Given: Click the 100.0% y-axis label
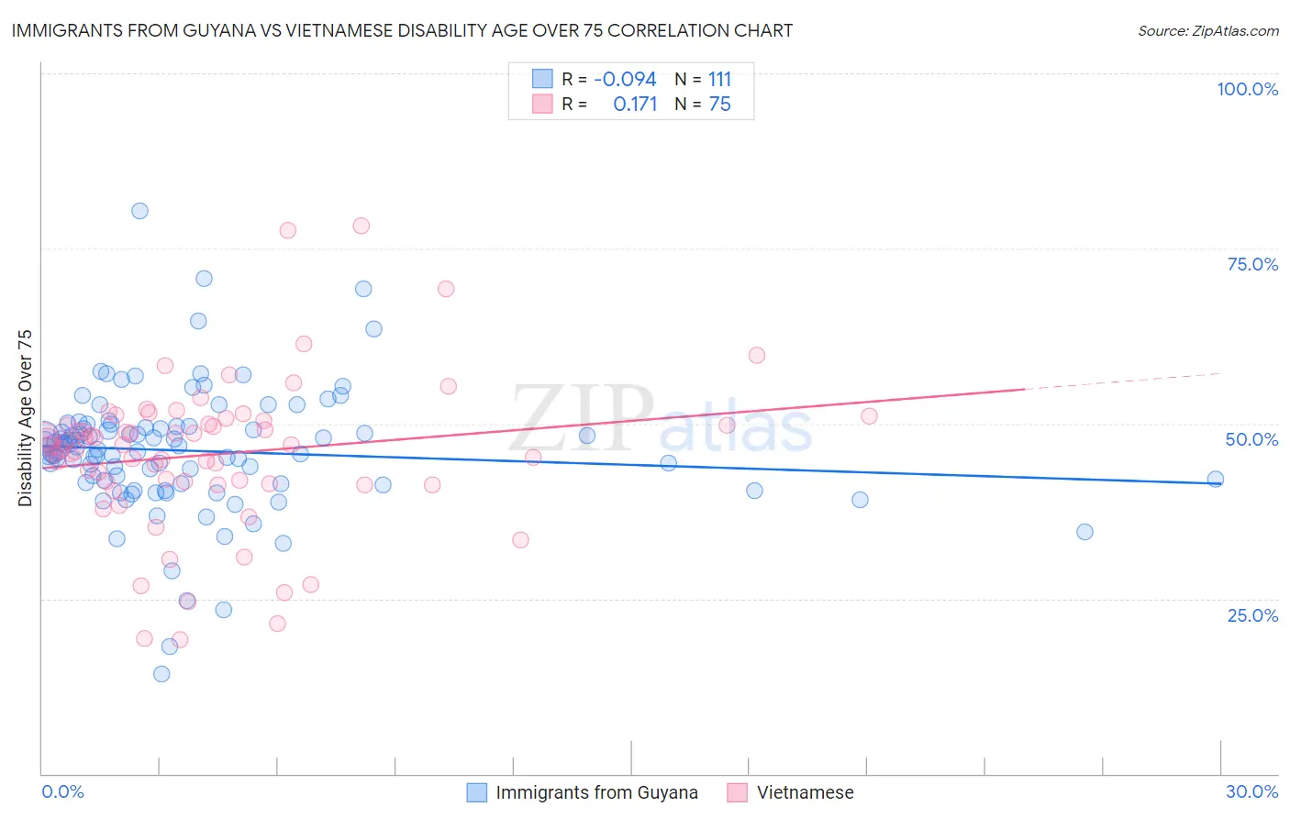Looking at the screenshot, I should (x=1247, y=89).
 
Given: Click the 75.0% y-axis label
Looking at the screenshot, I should (x=1252, y=264).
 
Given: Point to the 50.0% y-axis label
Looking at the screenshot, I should (x=1251, y=439).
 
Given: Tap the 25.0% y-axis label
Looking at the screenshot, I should (x=1252, y=614).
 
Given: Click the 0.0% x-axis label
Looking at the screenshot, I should (x=62, y=791).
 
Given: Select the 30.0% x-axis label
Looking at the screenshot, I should (x=1251, y=791).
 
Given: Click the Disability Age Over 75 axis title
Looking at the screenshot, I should (x=26, y=417).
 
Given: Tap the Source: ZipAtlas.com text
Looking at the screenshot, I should (x=1207, y=30).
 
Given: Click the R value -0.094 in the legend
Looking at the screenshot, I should (x=625, y=79).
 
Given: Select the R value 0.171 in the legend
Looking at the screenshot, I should (x=635, y=105).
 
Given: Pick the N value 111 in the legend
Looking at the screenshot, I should (x=719, y=79).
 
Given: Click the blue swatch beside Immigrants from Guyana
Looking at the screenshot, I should (x=477, y=792).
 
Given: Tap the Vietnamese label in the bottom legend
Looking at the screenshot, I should (x=805, y=792).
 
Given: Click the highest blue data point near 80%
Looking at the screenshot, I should (x=139, y=211).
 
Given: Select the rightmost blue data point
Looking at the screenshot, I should (x=1216, y=479).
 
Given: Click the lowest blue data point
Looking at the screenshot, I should (x=161, y=674).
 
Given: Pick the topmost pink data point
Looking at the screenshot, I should (x=361, y=226).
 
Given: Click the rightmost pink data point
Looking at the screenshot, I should (x=869, y=416).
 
